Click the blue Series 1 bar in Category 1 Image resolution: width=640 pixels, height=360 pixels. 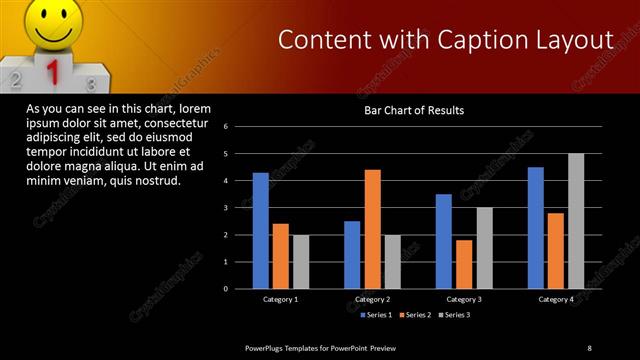click(x=260, y=230)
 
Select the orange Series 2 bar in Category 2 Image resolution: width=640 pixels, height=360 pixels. click(x=372, y=229)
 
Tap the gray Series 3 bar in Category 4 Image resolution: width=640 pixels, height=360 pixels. click(x=576, y=221)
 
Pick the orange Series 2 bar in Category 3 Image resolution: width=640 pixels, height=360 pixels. click(x=464, y=264)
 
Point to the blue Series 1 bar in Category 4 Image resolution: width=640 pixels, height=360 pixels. click(x=535, y=227)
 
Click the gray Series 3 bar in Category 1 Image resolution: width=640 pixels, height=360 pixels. click(x=301, y=261)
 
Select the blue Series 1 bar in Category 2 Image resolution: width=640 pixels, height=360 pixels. click(x=352, y=254)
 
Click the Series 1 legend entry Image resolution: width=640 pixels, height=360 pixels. click(x=375, y=315)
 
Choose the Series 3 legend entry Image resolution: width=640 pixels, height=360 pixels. click(x=453, y=315)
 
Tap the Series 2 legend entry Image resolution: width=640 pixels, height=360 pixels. click(x=414, y=315)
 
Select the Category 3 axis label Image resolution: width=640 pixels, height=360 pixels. click(x=465, y=299)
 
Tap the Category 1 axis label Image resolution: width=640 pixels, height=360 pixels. click(x=281, y=299)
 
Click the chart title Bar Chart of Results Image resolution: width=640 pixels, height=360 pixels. click(x=413, y=110)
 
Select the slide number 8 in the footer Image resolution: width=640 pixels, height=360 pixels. click(x=589, y=347)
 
